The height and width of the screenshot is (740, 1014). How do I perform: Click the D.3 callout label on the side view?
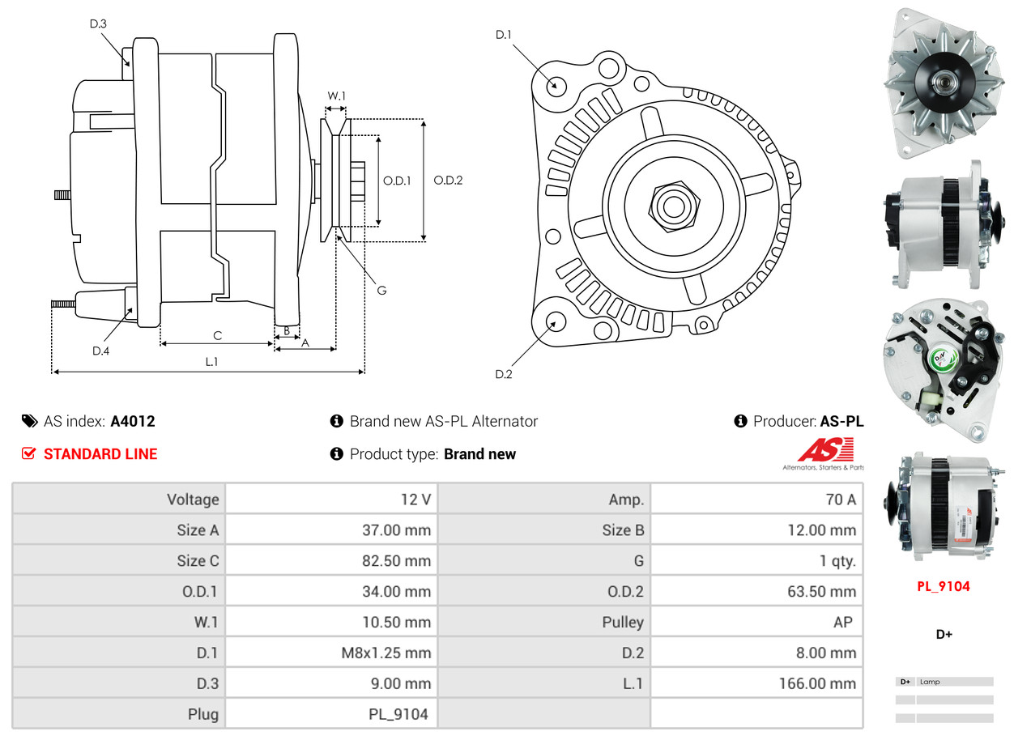click(98, 23)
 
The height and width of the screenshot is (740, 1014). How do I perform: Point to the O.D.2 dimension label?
click(448, 181)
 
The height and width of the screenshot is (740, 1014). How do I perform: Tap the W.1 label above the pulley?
click(336, 96)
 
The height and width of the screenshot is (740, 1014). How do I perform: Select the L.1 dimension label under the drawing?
click(211, 362)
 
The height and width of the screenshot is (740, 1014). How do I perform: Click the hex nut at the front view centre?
click(671, 206)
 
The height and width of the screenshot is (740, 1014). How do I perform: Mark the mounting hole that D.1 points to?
click(556, 85)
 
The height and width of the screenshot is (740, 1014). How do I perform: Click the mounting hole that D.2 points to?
click(556, 322)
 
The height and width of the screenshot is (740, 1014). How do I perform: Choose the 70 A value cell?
click(840, 500)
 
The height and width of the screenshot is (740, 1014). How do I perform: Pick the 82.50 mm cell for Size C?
click(396, 560)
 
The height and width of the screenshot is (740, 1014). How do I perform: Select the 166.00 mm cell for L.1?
click(817, 683)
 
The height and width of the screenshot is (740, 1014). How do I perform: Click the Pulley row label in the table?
click(622, 622)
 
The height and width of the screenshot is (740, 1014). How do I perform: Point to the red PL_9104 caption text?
click(944, 586)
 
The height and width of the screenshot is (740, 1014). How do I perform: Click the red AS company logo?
click(825, 450)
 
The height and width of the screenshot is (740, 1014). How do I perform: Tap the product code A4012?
click(133, 421)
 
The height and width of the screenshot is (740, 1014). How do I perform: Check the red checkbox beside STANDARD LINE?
click(29, 454)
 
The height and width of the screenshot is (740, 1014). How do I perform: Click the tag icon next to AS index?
click(29, 421)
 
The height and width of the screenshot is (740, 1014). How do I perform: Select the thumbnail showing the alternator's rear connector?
click(944, 356)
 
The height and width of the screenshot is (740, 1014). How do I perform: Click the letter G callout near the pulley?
click(381, 290)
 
